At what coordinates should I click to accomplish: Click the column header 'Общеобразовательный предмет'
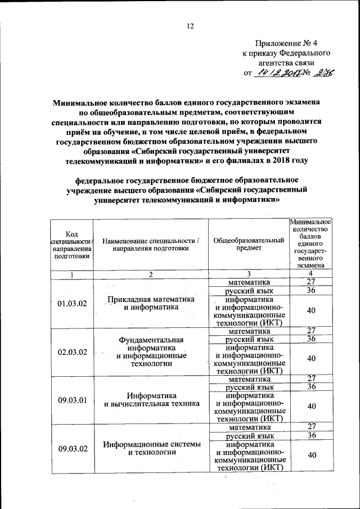pos(249,245)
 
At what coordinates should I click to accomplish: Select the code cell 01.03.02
pos(72,304)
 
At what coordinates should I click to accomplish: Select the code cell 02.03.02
pos(72,352)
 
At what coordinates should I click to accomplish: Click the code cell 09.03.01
pos(72,400)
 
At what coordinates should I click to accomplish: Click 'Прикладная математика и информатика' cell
pos(151,303)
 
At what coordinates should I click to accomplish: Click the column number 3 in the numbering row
pos(247,274)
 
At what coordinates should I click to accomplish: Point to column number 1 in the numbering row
pos(71,274)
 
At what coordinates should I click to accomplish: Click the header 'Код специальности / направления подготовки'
pos(71,245)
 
